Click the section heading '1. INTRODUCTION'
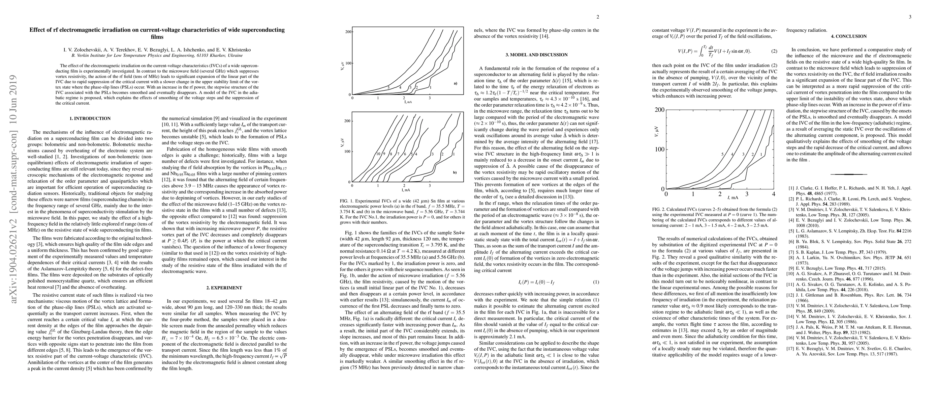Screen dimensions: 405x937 [90, 118]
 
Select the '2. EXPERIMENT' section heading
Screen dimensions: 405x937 [224, 288]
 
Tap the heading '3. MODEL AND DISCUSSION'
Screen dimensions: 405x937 [536, 55]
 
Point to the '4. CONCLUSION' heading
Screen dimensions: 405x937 [849, 36]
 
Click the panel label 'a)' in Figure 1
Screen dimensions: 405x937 [455, 83]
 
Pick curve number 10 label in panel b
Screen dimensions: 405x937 [378, 154]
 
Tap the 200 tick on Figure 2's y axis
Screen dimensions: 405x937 [659, 110]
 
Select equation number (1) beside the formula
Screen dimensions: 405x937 [596, 282]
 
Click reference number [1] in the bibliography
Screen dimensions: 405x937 [791, 188]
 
